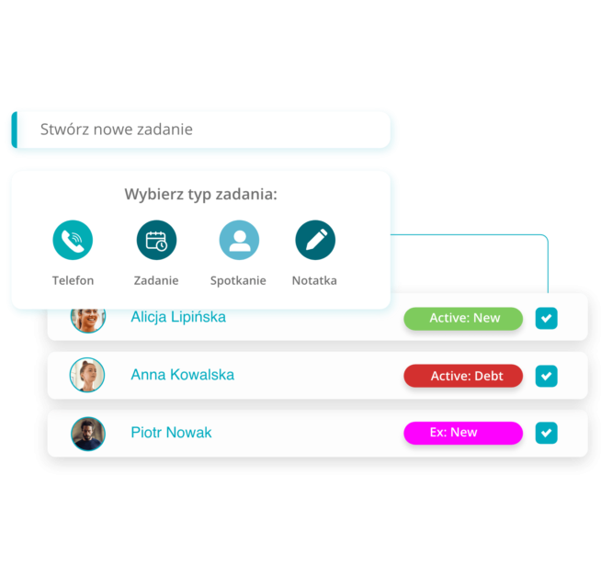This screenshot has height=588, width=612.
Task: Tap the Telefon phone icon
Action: click(x=73, y=241)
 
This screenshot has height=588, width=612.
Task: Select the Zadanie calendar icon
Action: click(x=156, y=241)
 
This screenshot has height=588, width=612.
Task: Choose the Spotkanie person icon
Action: click(x=239, y=241)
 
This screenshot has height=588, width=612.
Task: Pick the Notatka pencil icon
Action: click(x=315, y=241)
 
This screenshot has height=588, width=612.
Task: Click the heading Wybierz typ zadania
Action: click(x=200, y=195)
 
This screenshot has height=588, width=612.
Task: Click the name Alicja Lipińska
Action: click(x=178, y=318)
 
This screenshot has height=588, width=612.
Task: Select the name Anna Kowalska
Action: click(x=182, y=375)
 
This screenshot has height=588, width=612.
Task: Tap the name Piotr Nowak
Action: click(x=171, y=433)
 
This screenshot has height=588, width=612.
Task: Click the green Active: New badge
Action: click(x=463, y=319)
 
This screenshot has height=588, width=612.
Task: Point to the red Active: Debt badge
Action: click(x=463, y=376)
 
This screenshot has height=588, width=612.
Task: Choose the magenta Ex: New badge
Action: click(x=463, y=433)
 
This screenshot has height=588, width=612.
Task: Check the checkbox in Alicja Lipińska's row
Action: click(x=547, y=319)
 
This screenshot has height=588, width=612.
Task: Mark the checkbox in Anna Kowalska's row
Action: click(x=547, y=376)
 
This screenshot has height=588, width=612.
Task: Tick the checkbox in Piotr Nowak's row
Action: click(x=547, y=433)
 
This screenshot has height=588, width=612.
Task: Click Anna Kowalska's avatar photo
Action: click(x=87, y=375)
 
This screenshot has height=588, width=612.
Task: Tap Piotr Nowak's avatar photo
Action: click(x=88, y=433)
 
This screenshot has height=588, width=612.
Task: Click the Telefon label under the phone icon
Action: click(x=73, y=280)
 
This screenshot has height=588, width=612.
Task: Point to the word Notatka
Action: click(x=314, y=280)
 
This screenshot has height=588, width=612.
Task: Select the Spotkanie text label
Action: click(x=238, y=280)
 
